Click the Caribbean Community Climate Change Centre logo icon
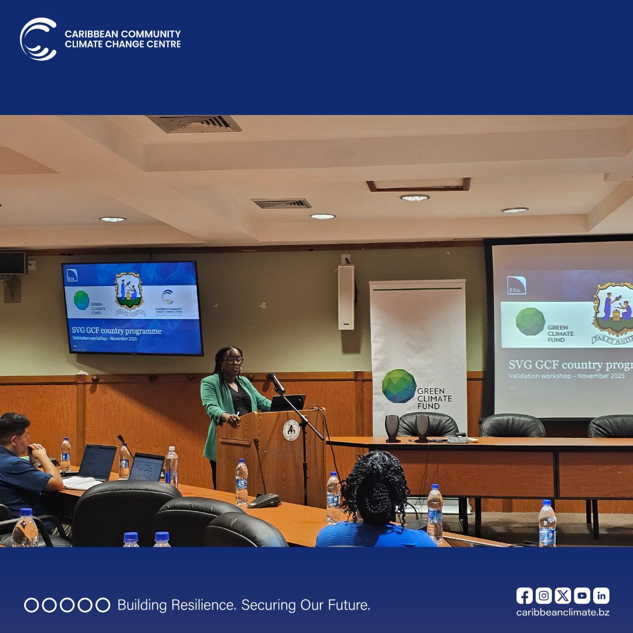[39, 39]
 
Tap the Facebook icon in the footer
[525, 595]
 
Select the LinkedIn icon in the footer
[601, 595]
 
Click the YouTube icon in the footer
[581, 595]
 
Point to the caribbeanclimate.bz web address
[562, 612]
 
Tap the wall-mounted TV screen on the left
[132, 308]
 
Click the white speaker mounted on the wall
[346, 297]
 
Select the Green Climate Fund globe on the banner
[399, 386]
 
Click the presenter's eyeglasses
[233, 360]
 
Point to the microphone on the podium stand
[276, 382]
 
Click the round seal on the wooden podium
[291, 430]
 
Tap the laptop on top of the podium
[288, 403]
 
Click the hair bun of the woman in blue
[375, 489]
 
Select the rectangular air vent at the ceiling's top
[194, 124]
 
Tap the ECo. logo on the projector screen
[516, 285]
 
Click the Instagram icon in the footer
[544, 595]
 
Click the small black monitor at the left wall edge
[12, 263]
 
